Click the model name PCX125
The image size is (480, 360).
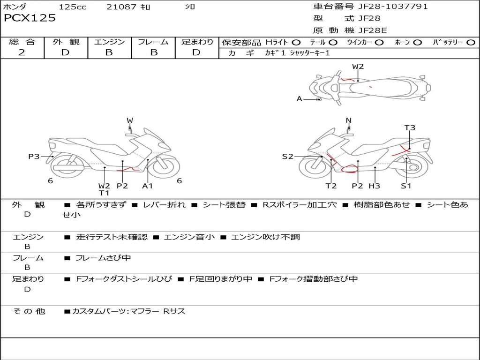(30, 18)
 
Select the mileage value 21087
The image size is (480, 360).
(121, 7)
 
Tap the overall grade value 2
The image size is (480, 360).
(22, 52)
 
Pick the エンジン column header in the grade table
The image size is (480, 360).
(109, 42)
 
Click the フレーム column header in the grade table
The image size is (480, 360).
(153, 42)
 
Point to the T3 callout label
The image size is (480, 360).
(410, 127)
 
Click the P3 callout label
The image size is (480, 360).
(34, 157)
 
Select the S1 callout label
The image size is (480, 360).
(406, 186)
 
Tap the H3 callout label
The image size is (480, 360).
(374, 186)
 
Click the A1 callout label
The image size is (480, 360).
(148, 186)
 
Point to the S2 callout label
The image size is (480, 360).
(287, 157)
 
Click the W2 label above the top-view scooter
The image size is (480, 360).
(358, 67)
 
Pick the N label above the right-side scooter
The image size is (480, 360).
(348, 120)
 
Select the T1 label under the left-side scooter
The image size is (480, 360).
(104, 193)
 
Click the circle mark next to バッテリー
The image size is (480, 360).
(471, 43)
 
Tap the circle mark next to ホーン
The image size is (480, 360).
(417, 43)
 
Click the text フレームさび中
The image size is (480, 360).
(103, 258)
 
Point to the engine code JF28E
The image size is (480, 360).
(373, 30)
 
